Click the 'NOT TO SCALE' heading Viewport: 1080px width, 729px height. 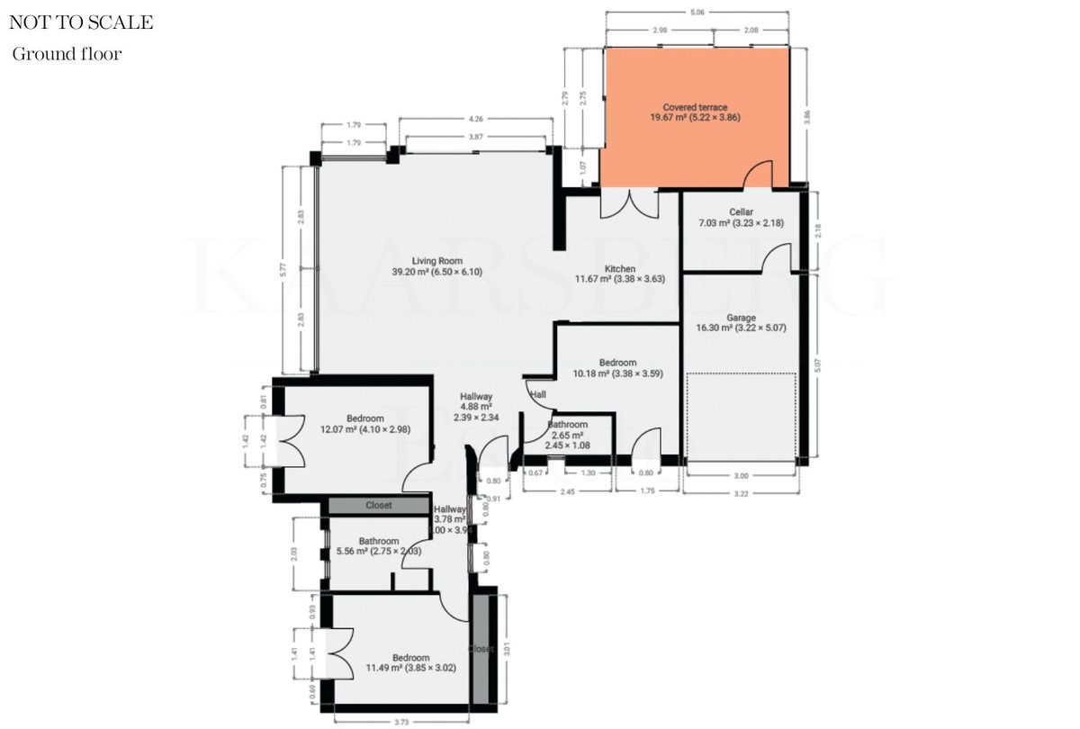coord(82,22)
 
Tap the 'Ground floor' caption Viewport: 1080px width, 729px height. coord(67,54)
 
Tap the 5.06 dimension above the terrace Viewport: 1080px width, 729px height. coord(697,13)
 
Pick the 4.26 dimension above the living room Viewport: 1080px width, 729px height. coord(475,119)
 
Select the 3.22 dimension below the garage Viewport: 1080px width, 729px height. coord(741,493)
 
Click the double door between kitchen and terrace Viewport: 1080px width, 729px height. coord(627,203)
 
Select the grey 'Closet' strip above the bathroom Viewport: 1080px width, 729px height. coord(379,506)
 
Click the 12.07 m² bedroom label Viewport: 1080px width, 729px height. coord(364,424)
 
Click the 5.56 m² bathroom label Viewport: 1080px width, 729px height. coord(378,547)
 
